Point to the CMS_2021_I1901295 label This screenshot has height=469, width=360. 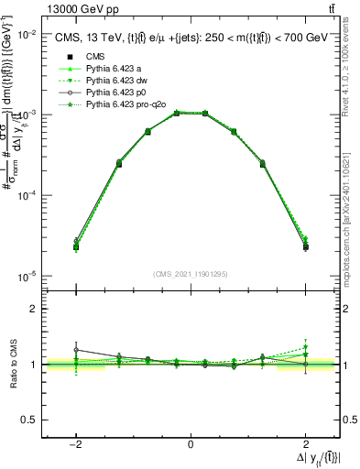[191, 274]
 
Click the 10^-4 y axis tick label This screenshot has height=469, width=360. [28, 196]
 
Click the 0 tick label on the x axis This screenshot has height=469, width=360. [190, 442]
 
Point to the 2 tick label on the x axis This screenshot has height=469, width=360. [305, 442]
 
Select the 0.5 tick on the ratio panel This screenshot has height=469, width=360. [30, 420]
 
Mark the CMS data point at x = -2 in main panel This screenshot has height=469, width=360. [76, 246]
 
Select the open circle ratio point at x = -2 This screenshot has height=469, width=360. [76, 349]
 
